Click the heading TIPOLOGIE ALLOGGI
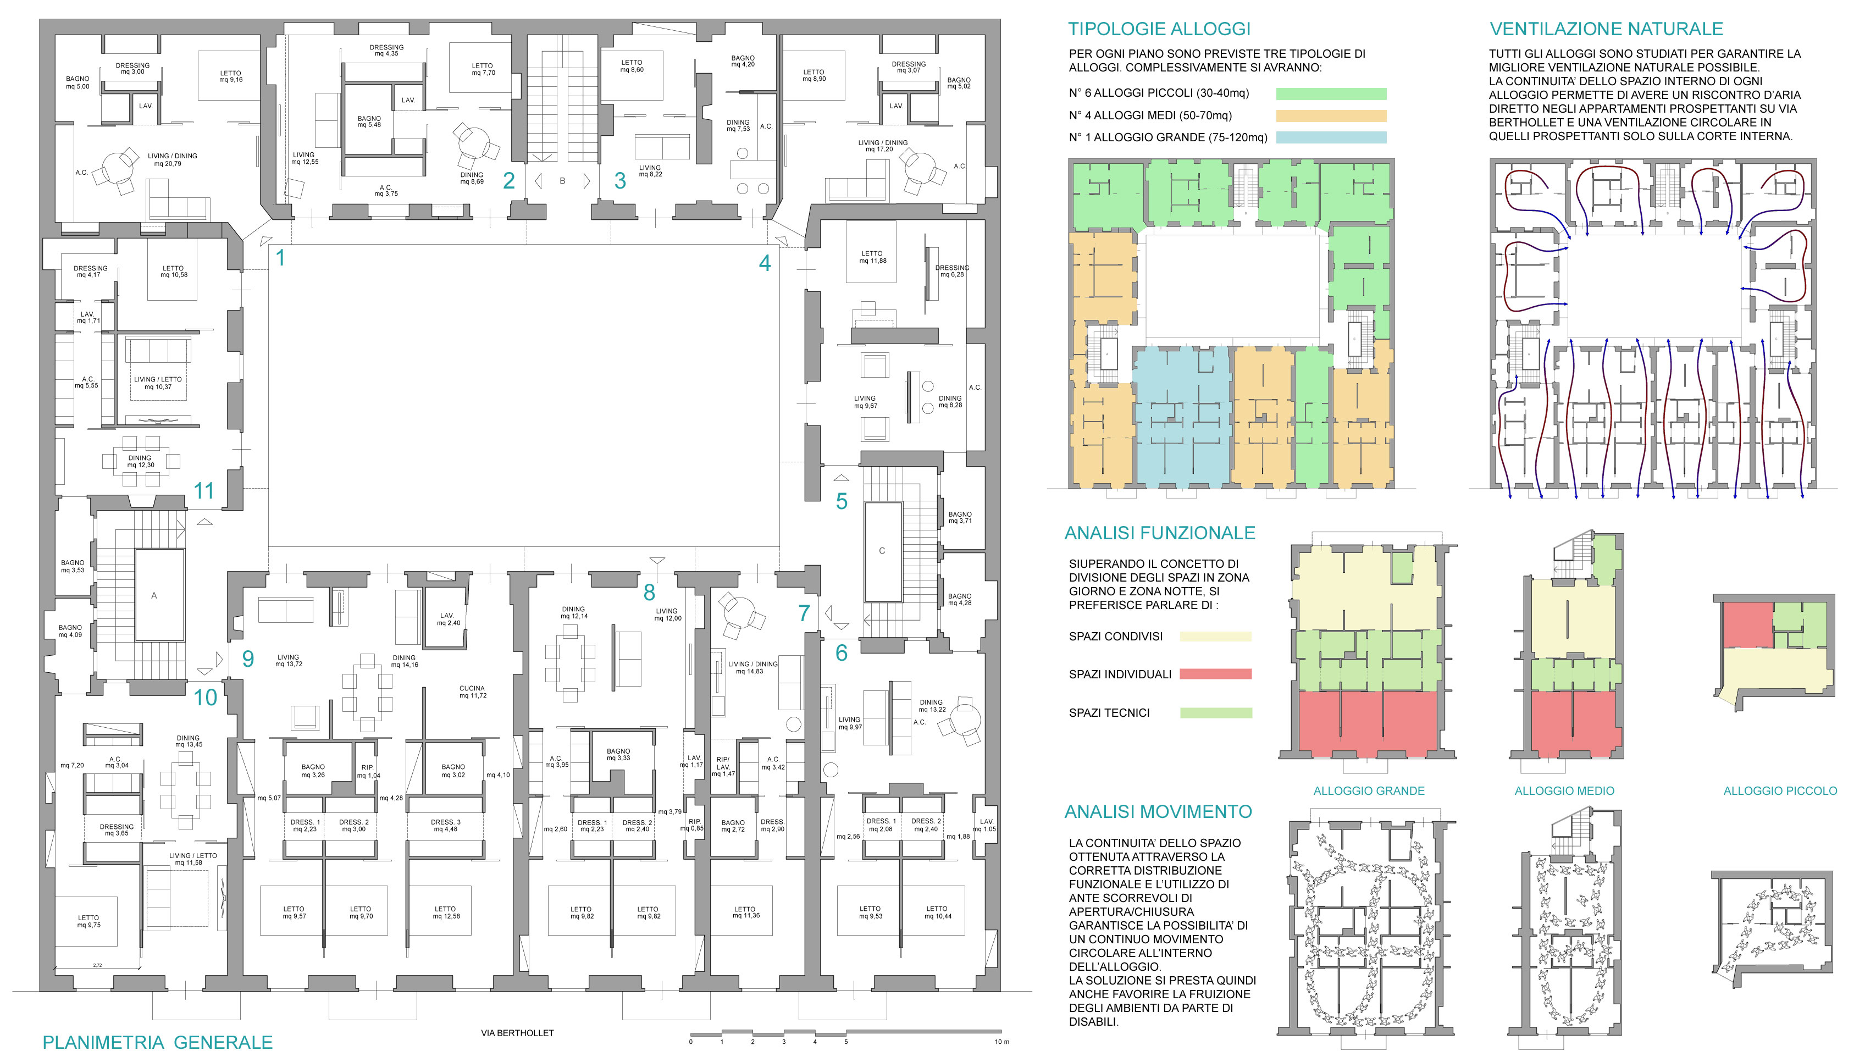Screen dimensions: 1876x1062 pyautogui.click(x=1159, y=29)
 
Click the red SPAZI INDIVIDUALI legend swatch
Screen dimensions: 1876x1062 pyautogui.click(x=1215, y=674)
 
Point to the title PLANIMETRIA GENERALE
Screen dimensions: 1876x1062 pyautogui.click(x=158, y=1042)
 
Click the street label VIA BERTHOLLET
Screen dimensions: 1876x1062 pyautogui.click(x=517, y=1033)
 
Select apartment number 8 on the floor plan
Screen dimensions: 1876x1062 pyautogui.click(x=649, y=592)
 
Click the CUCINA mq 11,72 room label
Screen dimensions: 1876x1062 pyautogui.click(x=473, y=692)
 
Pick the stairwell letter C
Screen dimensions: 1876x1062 pyautogui.click(x=882, y=551)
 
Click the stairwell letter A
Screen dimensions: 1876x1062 pyautogui.click(x=154, y=596)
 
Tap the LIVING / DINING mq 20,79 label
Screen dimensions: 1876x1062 pyautogui.click(x=172, y=160)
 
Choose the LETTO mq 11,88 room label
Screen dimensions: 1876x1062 pyautogui.click(x=872, y=257)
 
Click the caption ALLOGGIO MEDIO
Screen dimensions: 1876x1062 pyautogui.click(x=1564, y=790)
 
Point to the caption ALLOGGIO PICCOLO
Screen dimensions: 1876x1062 pyautogui.click(x=1780, y=790)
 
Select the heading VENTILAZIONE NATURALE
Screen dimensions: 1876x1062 pyautogui.click(x=1606, y=29)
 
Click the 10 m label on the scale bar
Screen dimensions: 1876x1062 pyautogui.click(x=1001, y=1042)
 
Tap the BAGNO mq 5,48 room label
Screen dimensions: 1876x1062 pyautogui.click(x=369, y=121)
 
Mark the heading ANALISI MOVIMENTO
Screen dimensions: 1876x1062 pyautogui.click(x=1158, y=812)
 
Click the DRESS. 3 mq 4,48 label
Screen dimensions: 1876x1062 pyautogui.click(x=445, y=825)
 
